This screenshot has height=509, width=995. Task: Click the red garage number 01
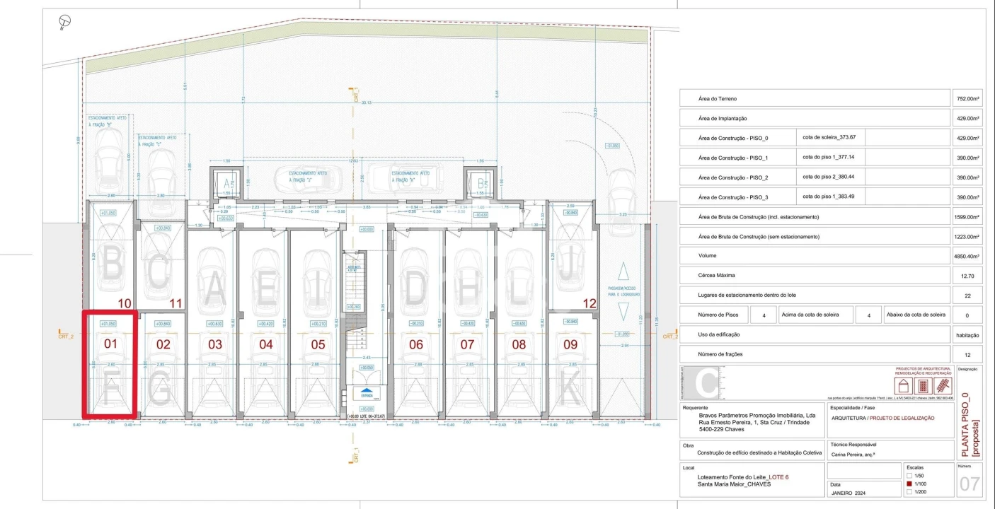tap(110, 344)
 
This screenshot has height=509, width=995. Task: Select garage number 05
tap(318, 345)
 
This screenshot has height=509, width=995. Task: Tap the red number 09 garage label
tap(570, 345)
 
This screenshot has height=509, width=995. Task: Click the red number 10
tap(125, 303)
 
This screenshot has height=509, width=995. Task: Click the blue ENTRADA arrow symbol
tap(366, 390)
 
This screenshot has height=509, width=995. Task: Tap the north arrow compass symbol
tap(65, 22)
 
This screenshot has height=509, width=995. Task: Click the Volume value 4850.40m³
tap(967, 257)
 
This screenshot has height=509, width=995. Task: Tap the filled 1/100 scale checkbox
tap(910, 484)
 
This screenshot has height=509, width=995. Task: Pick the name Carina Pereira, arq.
tap(858, 456)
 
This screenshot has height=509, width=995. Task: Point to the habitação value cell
tap(967, 334)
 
